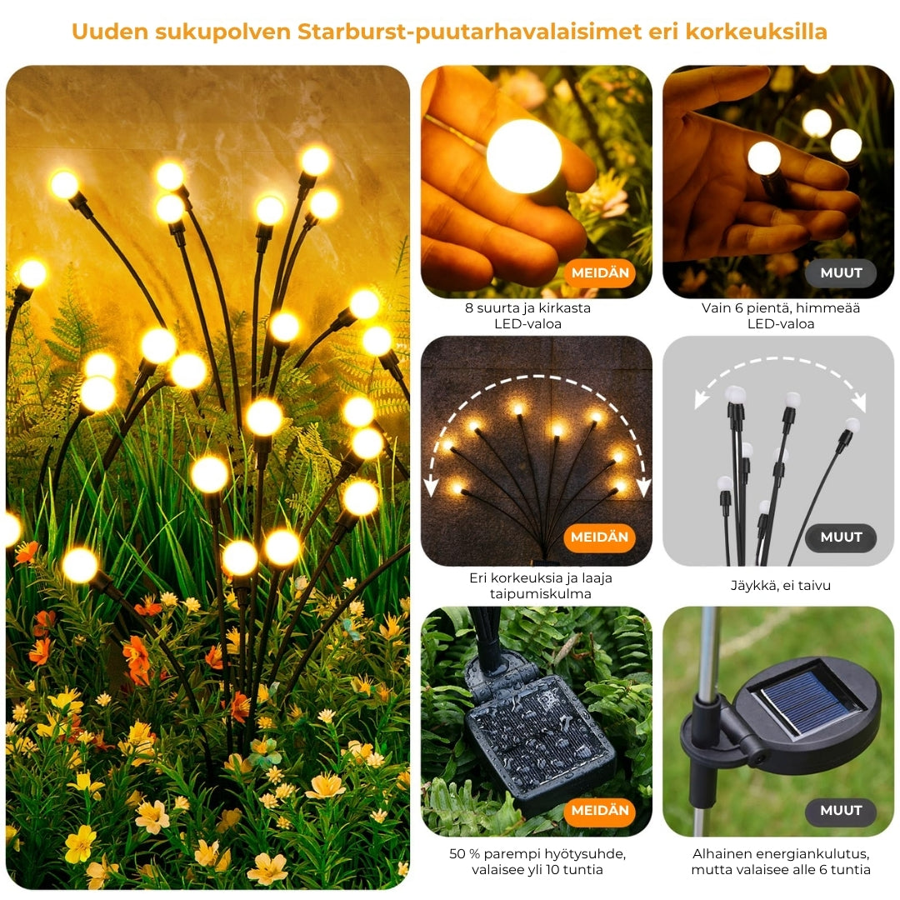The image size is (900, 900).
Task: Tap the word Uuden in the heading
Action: (110, 32)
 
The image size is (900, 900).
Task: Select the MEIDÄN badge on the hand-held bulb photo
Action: (600, 273)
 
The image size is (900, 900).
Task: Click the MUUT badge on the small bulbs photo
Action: (841, 273)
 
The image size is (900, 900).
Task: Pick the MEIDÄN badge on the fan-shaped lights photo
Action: (600, 537)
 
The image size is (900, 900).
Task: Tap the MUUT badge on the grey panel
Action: (841, 537)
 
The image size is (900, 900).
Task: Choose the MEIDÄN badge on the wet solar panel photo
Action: (600, 811)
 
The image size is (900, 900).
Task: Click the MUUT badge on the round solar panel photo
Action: (841, 811)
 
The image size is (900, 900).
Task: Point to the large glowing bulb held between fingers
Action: (523, 156)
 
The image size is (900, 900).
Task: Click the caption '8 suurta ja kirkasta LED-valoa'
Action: (527, 316)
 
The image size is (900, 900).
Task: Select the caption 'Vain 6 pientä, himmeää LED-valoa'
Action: (781, 316)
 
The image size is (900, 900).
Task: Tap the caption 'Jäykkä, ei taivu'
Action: (781, 586)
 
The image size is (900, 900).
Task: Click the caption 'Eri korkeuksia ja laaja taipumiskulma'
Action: (540, 586)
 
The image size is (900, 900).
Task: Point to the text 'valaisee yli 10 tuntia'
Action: (537, 869)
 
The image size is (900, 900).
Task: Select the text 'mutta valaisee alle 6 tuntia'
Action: (781, 869)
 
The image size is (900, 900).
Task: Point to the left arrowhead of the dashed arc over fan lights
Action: (431, 486)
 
